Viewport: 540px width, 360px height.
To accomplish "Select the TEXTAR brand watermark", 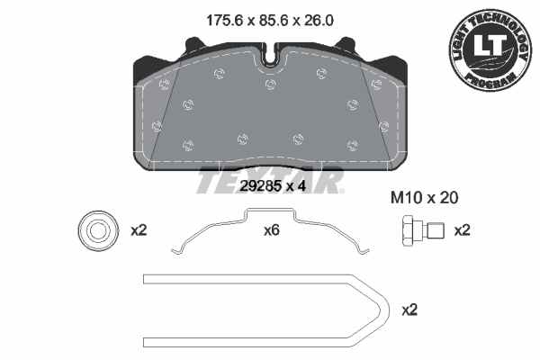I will tap(270, 180).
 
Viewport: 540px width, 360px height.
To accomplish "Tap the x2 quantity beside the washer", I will tap(139, 230).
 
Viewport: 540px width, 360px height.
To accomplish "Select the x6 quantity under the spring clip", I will tap(272, 230).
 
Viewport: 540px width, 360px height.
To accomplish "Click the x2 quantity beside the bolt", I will tap(461, 230).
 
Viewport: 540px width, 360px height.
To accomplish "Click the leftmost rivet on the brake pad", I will tap(156, 125).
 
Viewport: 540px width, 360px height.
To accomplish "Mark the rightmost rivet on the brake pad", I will tap(384, 125).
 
